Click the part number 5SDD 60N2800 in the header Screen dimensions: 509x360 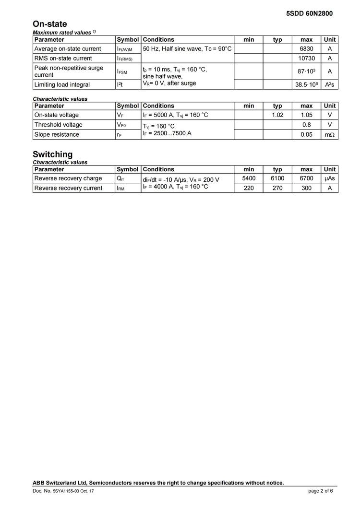309,13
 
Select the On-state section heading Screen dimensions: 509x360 50,24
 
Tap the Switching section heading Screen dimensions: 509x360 53,154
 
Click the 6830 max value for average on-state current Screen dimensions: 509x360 306,49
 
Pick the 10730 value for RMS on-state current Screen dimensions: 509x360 306,59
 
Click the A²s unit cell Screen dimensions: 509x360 329,85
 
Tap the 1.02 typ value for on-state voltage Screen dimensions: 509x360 277,115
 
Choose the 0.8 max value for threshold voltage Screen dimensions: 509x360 306,125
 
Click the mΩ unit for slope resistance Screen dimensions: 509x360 330,135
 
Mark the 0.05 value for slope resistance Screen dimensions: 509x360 306,135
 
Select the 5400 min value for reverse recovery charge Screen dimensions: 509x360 249,178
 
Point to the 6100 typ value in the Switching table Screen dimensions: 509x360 277,178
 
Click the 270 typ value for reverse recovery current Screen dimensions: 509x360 277,188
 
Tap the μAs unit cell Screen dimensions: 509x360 329,178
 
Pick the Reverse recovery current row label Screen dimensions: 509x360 68,188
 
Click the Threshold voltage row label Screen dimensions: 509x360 58,125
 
